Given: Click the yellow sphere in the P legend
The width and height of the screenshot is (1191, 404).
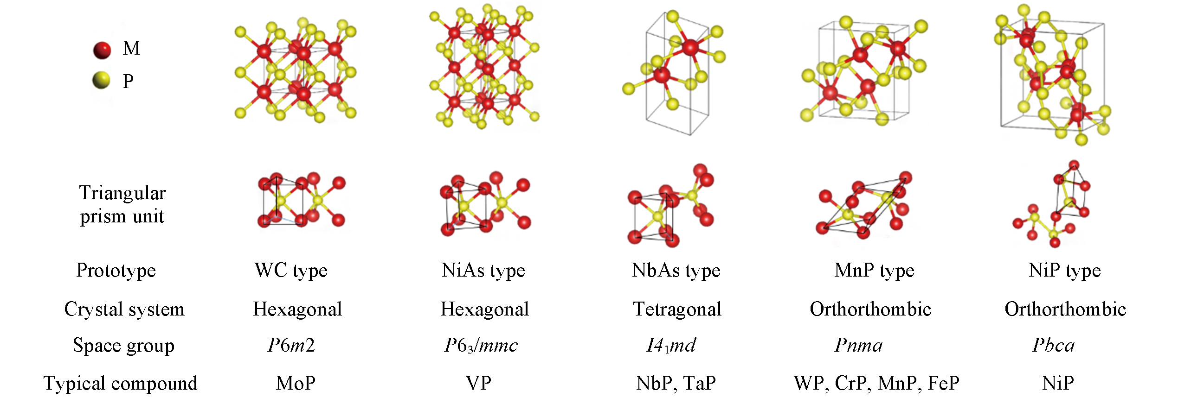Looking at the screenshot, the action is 101,80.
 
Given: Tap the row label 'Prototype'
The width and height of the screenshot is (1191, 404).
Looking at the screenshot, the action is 116,271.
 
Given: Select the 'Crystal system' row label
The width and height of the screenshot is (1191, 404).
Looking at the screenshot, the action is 124,309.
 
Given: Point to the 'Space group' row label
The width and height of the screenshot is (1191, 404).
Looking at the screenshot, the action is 123,346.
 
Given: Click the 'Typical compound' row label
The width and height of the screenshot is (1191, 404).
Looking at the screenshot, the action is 121,384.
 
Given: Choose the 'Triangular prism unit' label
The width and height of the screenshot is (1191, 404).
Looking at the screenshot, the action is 122,204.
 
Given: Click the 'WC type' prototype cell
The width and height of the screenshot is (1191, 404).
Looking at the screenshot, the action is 291,271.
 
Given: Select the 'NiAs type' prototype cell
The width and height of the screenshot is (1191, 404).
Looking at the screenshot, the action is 483,271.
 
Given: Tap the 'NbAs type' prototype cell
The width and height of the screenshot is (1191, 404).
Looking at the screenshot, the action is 676,271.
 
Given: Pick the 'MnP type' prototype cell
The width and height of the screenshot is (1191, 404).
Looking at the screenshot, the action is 874,271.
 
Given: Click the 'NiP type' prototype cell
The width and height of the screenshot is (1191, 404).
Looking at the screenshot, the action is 1064,271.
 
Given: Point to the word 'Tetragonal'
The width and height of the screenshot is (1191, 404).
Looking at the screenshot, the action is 677,309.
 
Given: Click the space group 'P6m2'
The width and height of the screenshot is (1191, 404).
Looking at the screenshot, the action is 291,345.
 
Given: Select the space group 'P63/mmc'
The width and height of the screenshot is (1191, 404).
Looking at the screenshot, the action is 481,346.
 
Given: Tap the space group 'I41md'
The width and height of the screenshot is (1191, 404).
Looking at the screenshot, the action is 671,346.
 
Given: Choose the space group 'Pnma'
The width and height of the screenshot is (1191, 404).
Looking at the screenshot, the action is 858,346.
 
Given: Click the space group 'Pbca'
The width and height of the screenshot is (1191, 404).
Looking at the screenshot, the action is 1053,346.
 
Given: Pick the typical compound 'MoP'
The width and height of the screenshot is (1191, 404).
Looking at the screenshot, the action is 296,384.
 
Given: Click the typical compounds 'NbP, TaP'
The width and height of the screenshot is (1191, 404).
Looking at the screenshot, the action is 676,384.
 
